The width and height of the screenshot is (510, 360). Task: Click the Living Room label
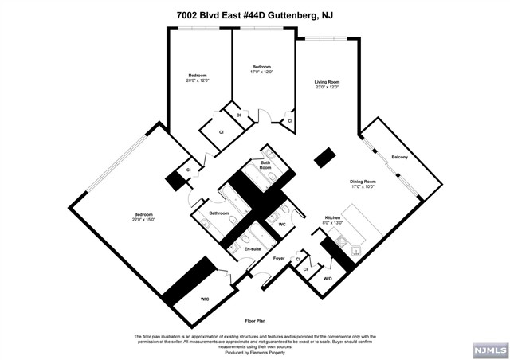coord(327,81)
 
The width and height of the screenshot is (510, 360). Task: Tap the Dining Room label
coord(363,182)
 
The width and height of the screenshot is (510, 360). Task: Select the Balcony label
coord(399,157)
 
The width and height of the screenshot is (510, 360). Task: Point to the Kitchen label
coord(332,217)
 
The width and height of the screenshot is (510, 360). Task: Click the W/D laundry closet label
coord(327,278)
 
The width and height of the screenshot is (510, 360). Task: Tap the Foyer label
coord(279,259)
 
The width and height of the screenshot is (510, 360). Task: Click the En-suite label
coord(253,249)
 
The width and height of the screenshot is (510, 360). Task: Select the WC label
coord(281,224)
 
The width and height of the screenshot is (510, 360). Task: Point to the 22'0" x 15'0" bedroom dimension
coord(143,219)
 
